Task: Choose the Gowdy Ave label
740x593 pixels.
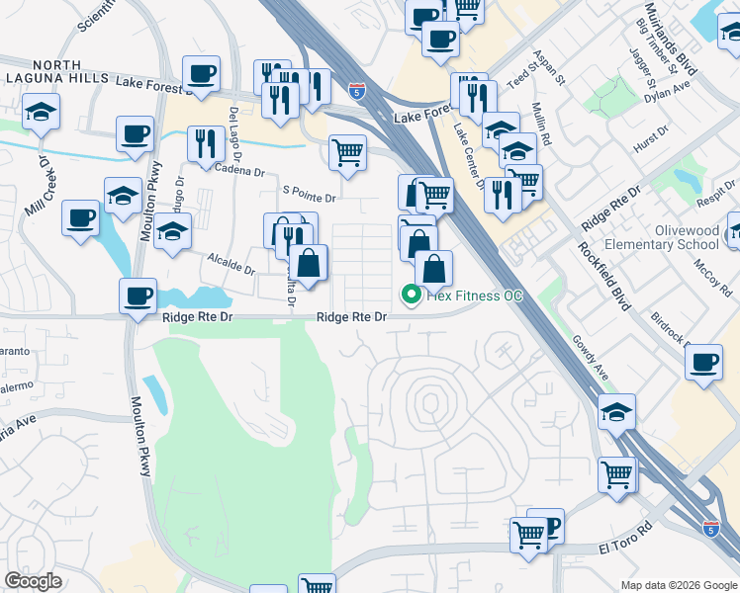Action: click(x=589, y=358)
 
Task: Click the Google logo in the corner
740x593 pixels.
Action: click(x=33, y=581)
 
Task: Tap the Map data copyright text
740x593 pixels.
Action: click(x=678, y=585)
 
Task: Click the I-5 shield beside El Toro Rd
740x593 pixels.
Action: click(x=710, y=529)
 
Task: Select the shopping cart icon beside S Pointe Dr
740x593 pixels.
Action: click(x=347, y=153)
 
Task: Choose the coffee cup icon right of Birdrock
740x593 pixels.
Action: click(x=704, y=362)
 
